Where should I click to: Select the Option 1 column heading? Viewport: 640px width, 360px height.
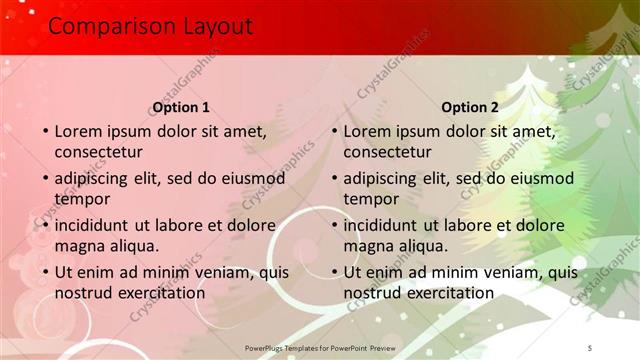pyautogui.click(x=181, y=108)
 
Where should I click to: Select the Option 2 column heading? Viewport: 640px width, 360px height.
pyautogui.click(x=469, y=108)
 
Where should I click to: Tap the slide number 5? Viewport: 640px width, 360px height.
pyautogui.click(x=590, y=347)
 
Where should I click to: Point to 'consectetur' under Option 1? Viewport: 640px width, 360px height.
pyautogui.click(x=98, y=152)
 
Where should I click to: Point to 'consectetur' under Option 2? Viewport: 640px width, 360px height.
pyautogui.click(x=387, y=152)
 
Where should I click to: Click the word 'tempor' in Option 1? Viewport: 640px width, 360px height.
pyautogui.click(x=82, y=199)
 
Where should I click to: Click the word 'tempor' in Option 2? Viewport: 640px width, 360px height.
pyautogui.click(x=371, y=199)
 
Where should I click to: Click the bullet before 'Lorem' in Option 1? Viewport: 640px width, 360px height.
pyautogui.click(x=45, y=132)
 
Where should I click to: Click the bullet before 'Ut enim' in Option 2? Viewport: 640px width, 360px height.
pyautogui.click(x=334, y=273)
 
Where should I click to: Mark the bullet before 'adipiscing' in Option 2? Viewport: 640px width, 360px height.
pyautogui.click(x=334, y=179)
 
